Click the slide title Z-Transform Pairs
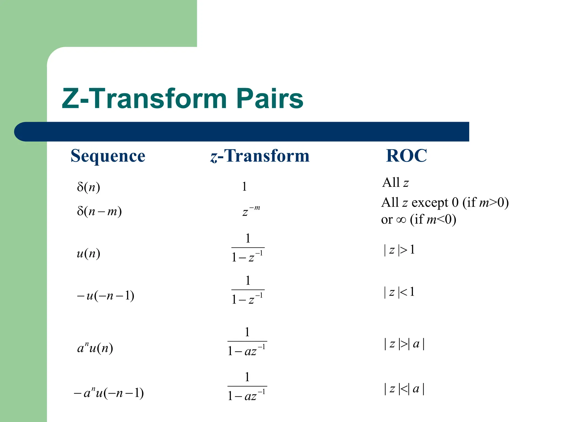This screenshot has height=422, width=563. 183,98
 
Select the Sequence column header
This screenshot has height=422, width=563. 108,156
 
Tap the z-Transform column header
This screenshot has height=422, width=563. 260,156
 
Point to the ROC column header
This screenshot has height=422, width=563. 406,156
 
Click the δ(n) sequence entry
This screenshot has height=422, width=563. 88,187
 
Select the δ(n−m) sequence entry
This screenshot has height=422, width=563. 99,211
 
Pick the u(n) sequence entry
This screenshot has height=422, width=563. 88,253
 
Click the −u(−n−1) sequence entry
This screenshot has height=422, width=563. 106,296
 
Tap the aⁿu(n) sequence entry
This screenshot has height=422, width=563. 95,348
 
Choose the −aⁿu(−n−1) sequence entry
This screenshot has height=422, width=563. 109,393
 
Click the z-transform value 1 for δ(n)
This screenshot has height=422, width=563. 244,187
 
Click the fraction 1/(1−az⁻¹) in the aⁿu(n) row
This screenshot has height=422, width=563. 247,342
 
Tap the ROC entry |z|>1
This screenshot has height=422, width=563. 399,250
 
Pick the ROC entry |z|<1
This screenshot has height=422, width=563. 399,292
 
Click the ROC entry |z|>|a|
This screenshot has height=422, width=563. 404,344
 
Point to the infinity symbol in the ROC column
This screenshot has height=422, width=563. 401,220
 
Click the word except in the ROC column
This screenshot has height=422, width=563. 430,203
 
